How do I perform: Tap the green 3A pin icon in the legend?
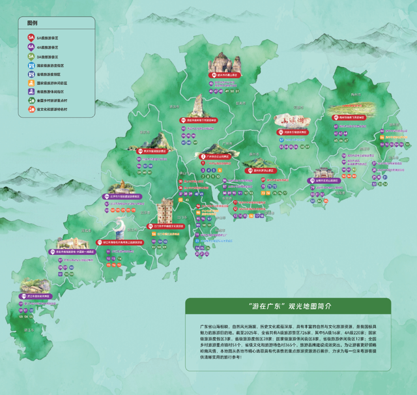31,57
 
